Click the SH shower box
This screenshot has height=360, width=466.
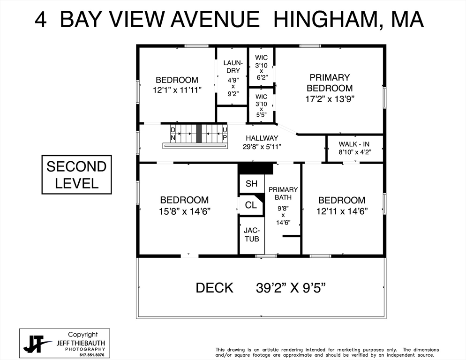(x=252, y=183)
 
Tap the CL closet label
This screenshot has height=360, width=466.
(x=251, y=205)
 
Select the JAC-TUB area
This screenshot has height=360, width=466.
(x=252, y=234)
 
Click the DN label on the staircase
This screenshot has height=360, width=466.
(x=173, y=134)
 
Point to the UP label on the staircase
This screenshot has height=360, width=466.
(x=225, y=134)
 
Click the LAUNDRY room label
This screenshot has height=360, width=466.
(x=232, y=67)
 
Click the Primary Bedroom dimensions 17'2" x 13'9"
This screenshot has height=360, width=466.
(x=329, y=99)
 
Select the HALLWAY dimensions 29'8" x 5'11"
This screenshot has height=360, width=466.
(x=262, y=147)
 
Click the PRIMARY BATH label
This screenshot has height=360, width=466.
(x=283, y=194)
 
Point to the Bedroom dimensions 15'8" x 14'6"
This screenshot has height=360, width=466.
(x=184, y=211)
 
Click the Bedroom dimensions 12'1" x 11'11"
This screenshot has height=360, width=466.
(x=177, y=90)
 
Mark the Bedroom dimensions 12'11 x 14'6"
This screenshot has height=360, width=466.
(x=341, y=211)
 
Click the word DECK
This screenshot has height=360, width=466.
(x=214, y=288)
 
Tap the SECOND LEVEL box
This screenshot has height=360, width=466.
(x=76, y=174)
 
